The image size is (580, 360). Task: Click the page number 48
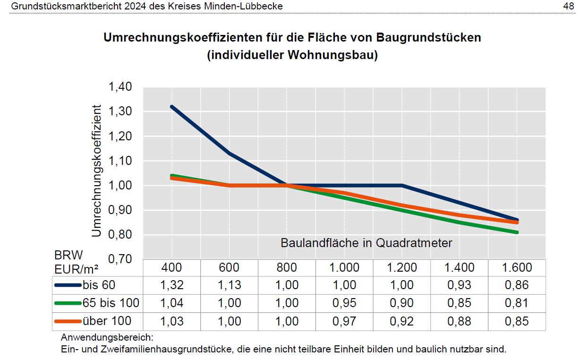(x=569, y=6)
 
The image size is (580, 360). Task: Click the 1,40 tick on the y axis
(x=120, y=87)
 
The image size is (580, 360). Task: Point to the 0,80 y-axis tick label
(x=120, y=235)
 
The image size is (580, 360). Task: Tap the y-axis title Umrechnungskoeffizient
(x=97, y=171)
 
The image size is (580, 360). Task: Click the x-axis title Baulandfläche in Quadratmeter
(x=366, y=243)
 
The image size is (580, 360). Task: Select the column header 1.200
(x=402, y=267)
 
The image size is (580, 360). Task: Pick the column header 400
(x=171, y=267)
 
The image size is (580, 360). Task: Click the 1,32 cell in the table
(x=171, y=285)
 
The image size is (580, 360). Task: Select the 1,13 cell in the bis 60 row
(x=229, y=285)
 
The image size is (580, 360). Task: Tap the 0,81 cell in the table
(x=517, y=303)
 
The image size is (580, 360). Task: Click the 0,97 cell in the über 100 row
(x=344, y=322)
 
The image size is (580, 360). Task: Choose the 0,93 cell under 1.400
(x=459, y=285)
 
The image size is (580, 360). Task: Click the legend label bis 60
(x=99, y=285)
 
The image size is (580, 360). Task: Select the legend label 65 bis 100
(x=111, y=303)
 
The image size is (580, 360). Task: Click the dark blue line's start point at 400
(x=172, y=107)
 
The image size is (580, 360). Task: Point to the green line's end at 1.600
(x=517, y=232)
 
